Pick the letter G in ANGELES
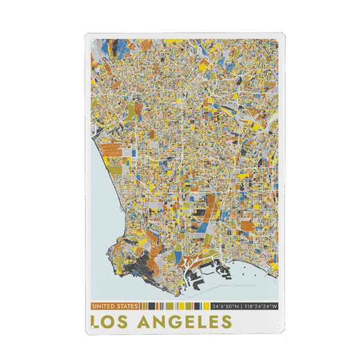pyautogui.click(x=175, y=322)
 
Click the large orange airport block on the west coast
pyautogui.click(x=110, y=149)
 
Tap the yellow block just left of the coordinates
pyautogui.click(x=205, y=307)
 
